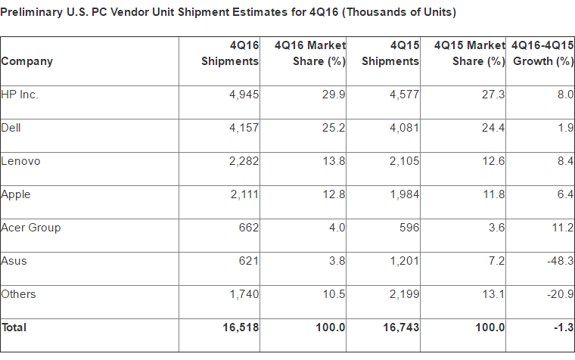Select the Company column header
(27, 61)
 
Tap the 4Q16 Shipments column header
(230, 54)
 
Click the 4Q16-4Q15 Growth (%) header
(542, 54)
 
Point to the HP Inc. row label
(20, 95)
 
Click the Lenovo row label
(21, 161)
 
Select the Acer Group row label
(31, 228)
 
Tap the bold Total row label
(14, 327)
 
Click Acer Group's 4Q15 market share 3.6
(496, 228)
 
